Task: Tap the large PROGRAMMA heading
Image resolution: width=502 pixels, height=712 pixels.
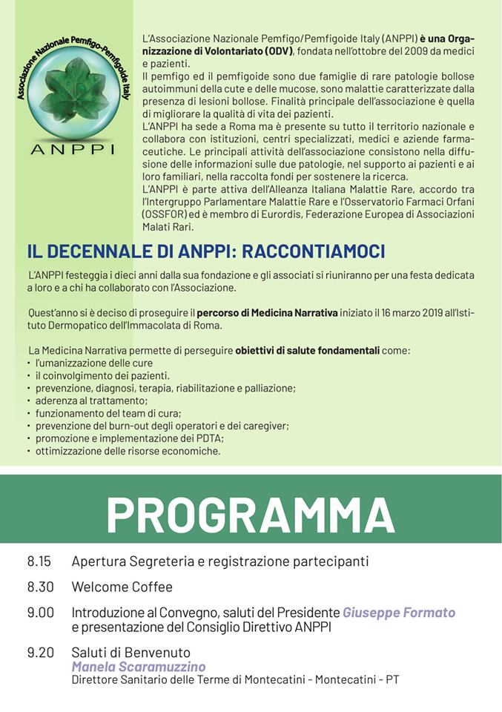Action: (x=251, y=512)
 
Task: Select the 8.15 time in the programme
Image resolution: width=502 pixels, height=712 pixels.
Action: (x=40, y=561)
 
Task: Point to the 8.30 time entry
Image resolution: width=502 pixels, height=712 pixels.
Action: (x=40, y=587)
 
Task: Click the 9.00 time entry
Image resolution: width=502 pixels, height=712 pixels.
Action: (x=40, y=613)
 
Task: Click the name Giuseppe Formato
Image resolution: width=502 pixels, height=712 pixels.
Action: (x=399, y=613)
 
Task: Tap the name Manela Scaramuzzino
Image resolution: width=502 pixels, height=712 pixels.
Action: (x=139, y=667)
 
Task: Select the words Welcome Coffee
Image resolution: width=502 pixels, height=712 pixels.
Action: (x=122, y=587)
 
